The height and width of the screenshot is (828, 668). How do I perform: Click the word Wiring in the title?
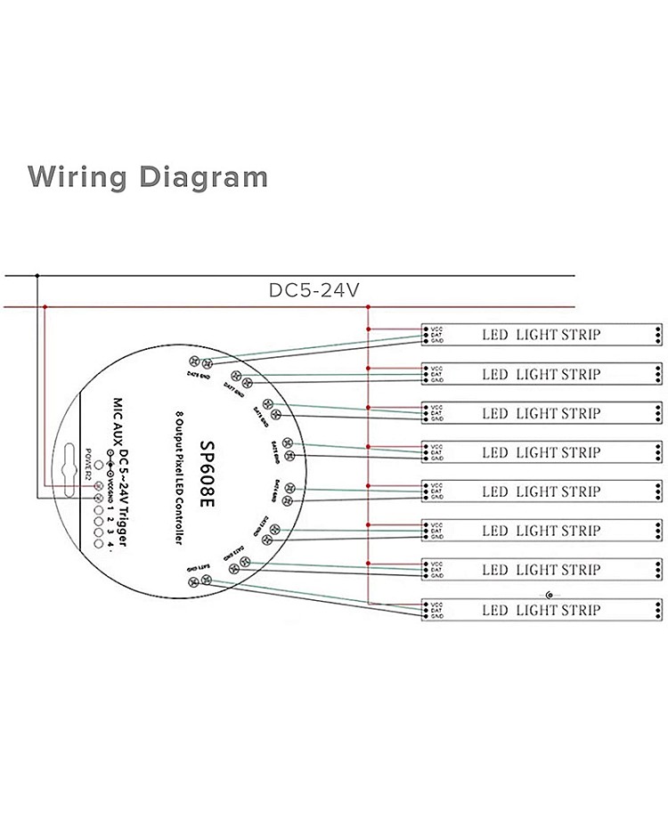click(78, 176)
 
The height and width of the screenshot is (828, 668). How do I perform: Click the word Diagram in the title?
click(203, 176)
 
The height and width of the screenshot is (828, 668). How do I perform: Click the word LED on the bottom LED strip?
click(494, 610)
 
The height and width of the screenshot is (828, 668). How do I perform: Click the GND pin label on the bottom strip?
click(436, 616)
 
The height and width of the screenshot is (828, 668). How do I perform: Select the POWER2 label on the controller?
click(88, 463)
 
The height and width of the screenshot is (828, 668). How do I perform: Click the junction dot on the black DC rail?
click(37, 275)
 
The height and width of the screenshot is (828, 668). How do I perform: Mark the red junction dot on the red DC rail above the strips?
click(368, 308)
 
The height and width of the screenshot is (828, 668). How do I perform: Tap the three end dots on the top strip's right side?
click(657, 335)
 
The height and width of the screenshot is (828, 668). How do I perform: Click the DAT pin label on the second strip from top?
click(436, 374)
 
